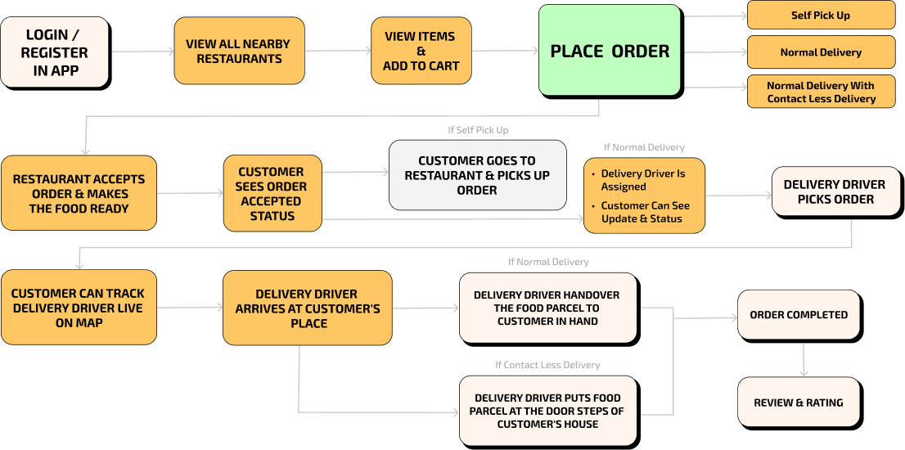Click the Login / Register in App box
[x=54, y=52]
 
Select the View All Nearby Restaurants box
[x=239, y=51]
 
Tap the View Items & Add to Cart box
[x=421, y=51]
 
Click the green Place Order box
[x=610, y=51]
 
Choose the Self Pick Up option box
[x=821, y=15]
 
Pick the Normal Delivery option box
[x=821, y=52]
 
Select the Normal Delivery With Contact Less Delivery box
[x=821, y=92]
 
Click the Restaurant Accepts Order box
[x=79, y=193]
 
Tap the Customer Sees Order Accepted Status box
[x=272, y=194]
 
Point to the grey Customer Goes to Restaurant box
[x=477, y=175]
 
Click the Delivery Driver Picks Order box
[x=835, y=191]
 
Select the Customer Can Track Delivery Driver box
[x=78, y=308]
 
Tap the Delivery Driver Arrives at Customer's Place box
[x=308, y=308]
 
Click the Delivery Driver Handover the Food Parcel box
[x=547, y=308]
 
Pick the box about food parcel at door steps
[x=547, y=411]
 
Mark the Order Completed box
[x=799, y=314]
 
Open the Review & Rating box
[x=799, y=402]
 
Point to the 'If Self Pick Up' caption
[x=477, y=129]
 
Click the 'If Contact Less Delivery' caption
[x=547, y=365]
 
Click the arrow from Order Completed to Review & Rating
[x=804, y=358]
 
